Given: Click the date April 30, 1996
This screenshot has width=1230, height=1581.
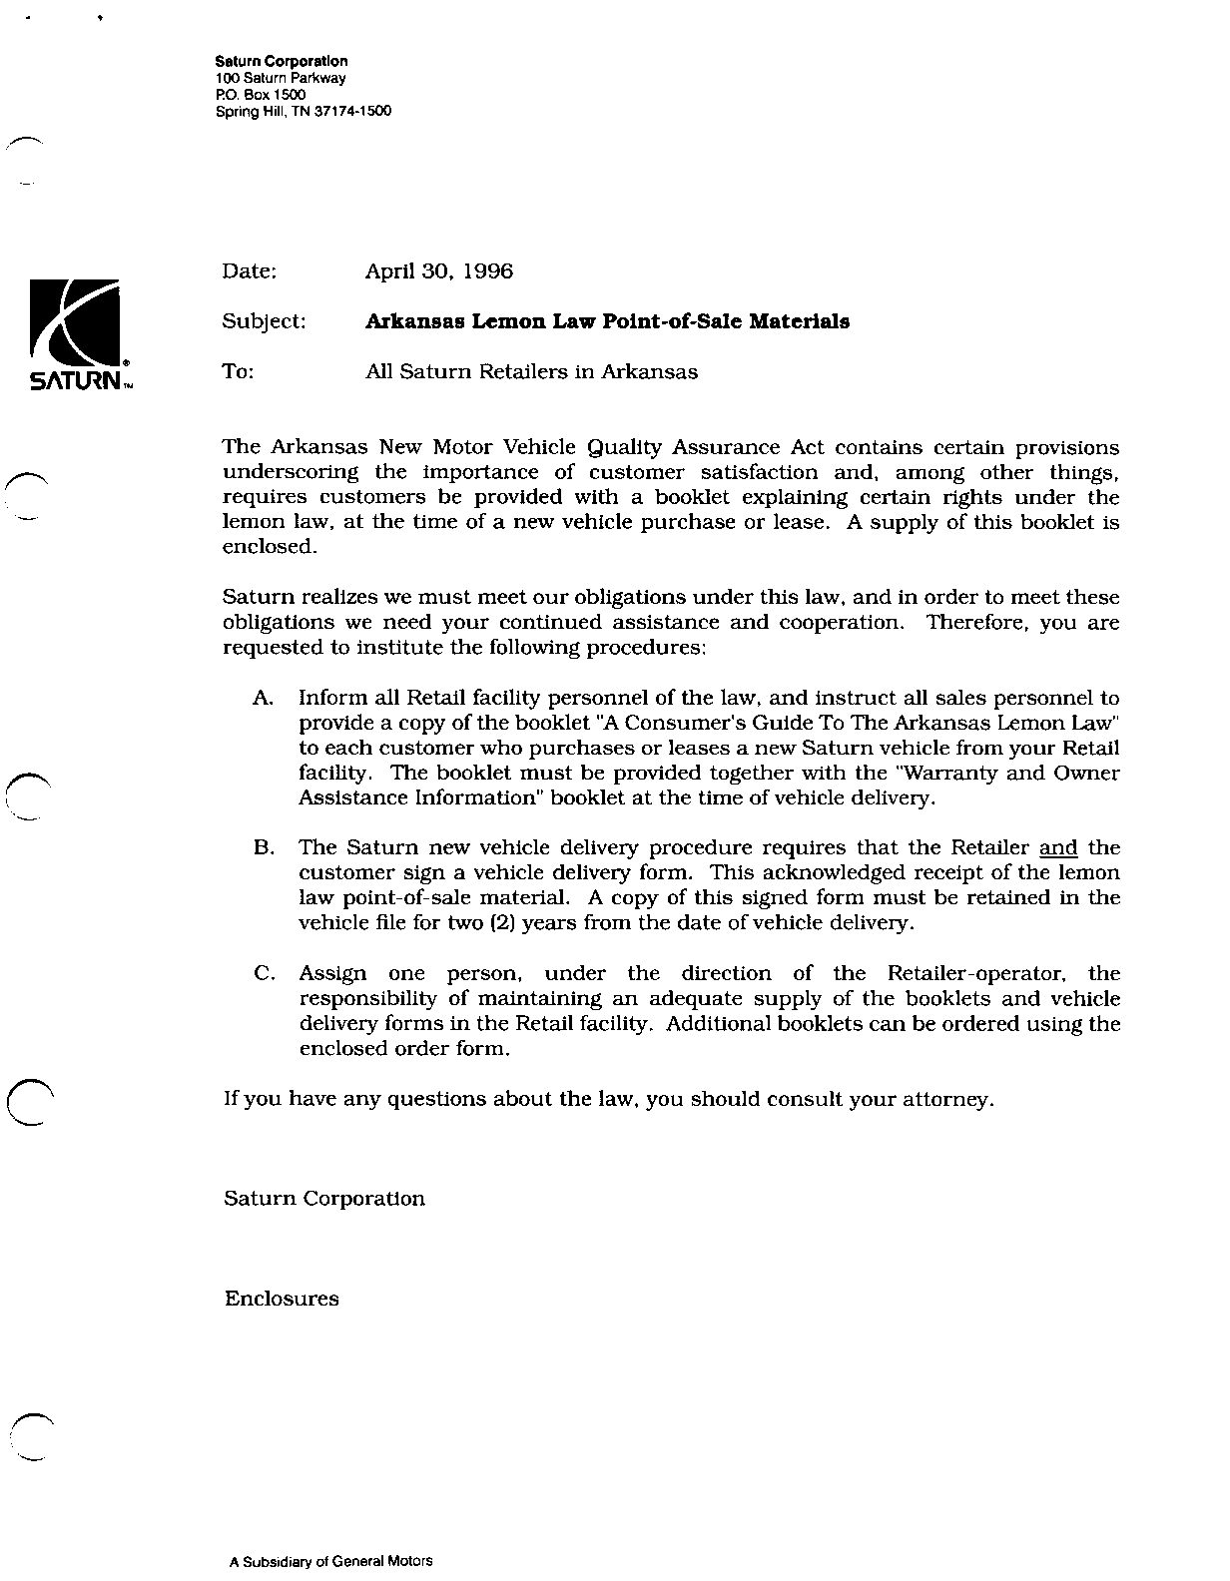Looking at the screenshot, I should coord(439,270).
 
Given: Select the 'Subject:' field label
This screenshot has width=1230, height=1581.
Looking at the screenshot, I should coord(265,321).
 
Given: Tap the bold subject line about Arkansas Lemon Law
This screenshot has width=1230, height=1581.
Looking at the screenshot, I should coord(607,321).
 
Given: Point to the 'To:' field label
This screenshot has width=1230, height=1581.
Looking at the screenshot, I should coord(239,371).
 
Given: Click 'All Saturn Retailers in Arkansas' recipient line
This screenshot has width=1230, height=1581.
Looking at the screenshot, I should coord(531,371).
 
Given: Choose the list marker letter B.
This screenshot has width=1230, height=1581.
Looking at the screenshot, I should coord(264,847).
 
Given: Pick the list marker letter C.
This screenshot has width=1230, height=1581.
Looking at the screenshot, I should coord(264,973).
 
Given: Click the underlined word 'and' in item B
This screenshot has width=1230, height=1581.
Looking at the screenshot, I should coord(1058,847).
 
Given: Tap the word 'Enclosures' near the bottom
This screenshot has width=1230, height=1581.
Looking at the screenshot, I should coord(282,1299).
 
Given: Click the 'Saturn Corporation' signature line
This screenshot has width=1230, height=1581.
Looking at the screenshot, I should coord(324,1198).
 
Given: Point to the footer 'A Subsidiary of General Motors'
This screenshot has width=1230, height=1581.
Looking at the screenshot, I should coord(330,1561).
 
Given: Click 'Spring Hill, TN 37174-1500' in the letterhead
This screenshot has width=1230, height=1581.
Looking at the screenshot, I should coord(304,111).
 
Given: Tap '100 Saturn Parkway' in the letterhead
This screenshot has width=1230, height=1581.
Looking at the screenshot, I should coord(281,78).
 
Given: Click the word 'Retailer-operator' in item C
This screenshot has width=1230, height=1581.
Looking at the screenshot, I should coord(975,973).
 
